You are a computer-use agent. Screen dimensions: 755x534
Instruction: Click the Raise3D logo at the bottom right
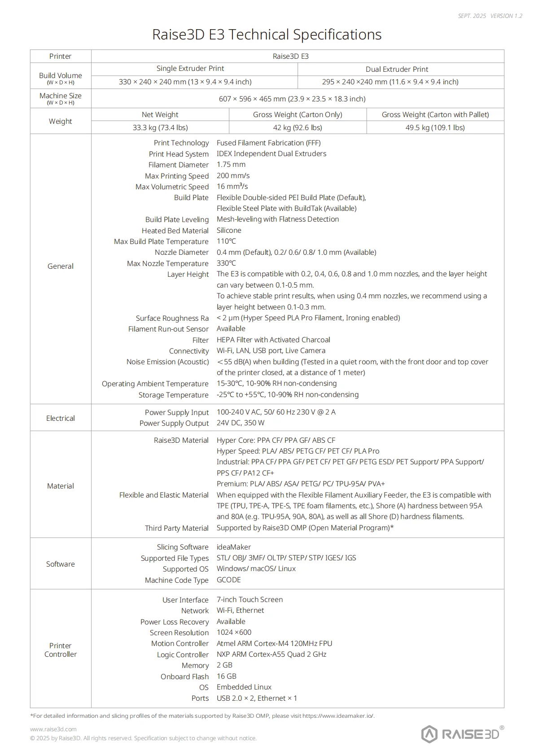coord(462,734)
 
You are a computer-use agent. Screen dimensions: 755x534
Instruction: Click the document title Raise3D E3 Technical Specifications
coord(267,35)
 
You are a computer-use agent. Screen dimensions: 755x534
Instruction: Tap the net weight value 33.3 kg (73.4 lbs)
coord(160,127)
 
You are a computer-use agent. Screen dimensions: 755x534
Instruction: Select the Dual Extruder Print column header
coord(397,69)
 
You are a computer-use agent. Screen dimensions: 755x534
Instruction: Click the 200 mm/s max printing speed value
coord(233,175)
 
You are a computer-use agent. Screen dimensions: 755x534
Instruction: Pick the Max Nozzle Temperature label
coord(167,263)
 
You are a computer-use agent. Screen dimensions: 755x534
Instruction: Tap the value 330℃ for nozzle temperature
coord(226,263)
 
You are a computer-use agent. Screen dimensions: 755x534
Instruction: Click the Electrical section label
coord(61,418)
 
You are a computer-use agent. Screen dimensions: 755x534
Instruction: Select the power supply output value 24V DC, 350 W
coord(241,423)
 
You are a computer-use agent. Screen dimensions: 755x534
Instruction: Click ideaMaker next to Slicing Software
coord(234,547)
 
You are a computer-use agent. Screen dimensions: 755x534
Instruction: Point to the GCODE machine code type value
coord(229,580)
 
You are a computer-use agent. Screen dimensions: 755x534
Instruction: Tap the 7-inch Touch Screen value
coord(249,599)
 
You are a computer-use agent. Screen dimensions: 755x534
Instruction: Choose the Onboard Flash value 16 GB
coord(227,676)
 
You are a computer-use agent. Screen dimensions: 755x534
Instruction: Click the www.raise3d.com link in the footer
coord(53,729)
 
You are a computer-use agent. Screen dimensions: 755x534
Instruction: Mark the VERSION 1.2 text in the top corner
coord(506,16)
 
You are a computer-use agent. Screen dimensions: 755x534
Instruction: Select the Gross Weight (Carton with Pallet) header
coord(435,114)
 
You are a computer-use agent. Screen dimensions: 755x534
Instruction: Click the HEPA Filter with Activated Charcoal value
coord(273,340)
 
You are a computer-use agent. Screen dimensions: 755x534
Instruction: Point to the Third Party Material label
coord(176,528)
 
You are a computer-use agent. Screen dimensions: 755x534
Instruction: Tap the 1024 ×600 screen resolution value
coord(234,632)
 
